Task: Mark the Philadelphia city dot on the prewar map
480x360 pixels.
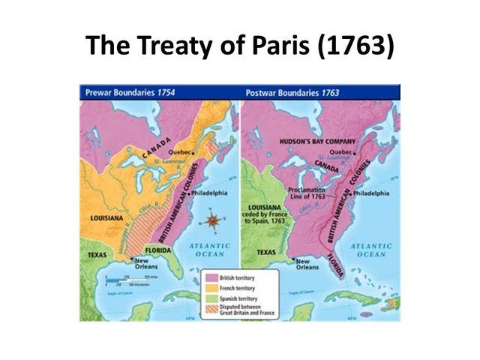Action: (188, 193)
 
